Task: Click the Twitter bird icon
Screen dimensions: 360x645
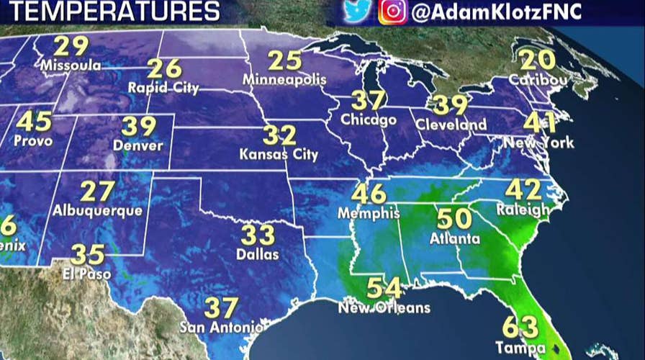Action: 353,12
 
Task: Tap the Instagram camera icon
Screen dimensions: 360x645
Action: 390,12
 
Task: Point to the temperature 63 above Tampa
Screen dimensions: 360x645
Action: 519,328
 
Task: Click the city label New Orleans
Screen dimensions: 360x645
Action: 384,308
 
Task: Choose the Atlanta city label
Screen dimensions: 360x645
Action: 454,238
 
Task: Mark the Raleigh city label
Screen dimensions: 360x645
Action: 523,210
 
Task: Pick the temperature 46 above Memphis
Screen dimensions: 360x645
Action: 369,194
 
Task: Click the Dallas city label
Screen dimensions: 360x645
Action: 257,254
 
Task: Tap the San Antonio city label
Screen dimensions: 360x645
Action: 220,328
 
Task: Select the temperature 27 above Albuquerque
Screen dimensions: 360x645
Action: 97,192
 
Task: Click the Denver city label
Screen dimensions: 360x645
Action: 137,145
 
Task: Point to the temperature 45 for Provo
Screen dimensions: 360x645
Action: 34,121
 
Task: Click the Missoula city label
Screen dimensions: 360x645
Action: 71,66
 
